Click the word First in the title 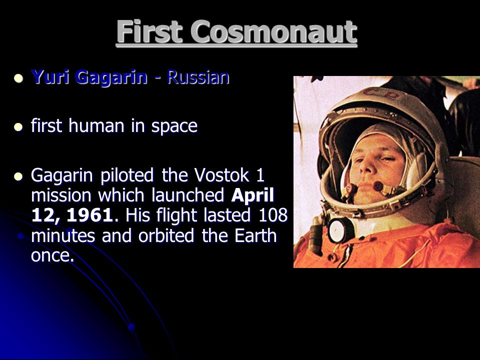coord(149,31)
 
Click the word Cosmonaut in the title coord(274,32)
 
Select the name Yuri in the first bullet coord(51,76)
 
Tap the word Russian coord(198,76)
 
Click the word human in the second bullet coord(97,125)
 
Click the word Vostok coord(222,175)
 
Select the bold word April coord(252,196)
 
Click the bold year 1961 coord(89,215)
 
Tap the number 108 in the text coord(273,215)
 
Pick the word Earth coord(255,235)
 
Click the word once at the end coord(52,255)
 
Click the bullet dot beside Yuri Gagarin coord(18,78)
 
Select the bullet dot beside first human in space coord(18,126)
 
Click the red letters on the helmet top coord(381,93)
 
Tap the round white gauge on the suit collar coord(340,229)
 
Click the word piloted coord(127,176)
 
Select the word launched coord(188,195)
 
